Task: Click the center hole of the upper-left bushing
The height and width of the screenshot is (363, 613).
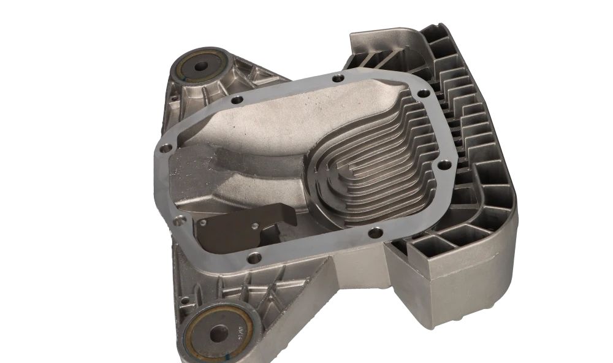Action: click(x=202, y=64)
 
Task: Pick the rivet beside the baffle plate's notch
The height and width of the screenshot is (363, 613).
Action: click(x=253, y=226)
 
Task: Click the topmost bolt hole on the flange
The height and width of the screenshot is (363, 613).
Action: click(x=338, y=78)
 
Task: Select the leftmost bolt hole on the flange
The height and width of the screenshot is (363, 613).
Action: click(x=164, y=148)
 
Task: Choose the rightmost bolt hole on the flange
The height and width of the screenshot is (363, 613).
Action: click(x=446, y=164)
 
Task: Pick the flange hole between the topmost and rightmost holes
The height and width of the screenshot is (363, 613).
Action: click(x=421, y=93)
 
